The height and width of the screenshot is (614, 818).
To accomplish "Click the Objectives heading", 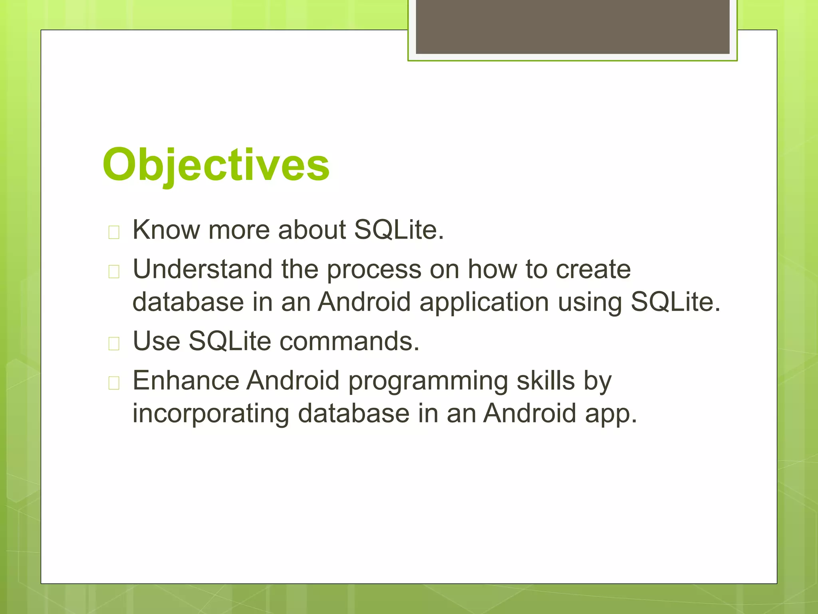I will click(x=216, y=165).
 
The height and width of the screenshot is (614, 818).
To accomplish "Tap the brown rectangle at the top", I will click(x=572, y=26).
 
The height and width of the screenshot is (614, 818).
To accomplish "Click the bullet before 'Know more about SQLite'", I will click(x=114, y=232).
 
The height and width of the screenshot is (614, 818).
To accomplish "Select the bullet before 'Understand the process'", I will click(x=114, y=271).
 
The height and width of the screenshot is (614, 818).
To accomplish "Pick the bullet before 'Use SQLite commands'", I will click(x=114, y=343).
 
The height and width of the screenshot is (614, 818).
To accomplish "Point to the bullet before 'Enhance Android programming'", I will click(x=114, y=383).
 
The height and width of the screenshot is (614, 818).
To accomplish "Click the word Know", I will click(x=166, y=230).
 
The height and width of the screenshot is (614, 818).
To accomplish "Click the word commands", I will click(x=349, y=341).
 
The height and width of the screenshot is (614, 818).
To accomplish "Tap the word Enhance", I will click(x=186, y=381).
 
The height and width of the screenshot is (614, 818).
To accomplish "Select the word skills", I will click(x=546, y=381).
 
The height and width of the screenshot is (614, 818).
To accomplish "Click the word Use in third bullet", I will click(x=156, y=341).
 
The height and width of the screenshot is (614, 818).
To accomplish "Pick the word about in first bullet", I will click(x=312, y=230).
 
